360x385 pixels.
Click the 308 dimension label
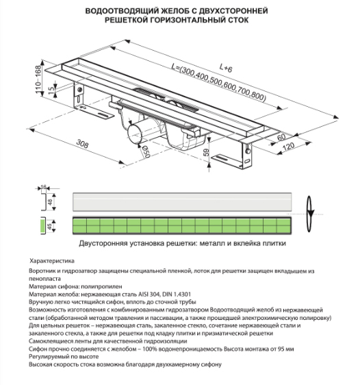click(82, 144)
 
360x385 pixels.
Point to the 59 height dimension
click(206, 153)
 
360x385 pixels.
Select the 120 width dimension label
click(288, 147)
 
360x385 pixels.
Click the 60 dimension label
click(281, 137)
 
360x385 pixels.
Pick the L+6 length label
click(225, 68)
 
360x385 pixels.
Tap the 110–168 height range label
click(38, 79)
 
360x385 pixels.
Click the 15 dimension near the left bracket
click(51, 91)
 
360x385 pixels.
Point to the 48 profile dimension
click(50, 202)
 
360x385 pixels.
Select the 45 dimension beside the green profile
click(50, 226)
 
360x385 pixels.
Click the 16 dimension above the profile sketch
click(43, 187)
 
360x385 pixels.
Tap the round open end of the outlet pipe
click(134, 134)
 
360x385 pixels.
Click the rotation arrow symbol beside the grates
click(310, 214)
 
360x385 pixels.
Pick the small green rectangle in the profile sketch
click(42, 226)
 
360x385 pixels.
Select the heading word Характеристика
click(52, 261)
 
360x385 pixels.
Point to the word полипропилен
click(101, 286)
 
